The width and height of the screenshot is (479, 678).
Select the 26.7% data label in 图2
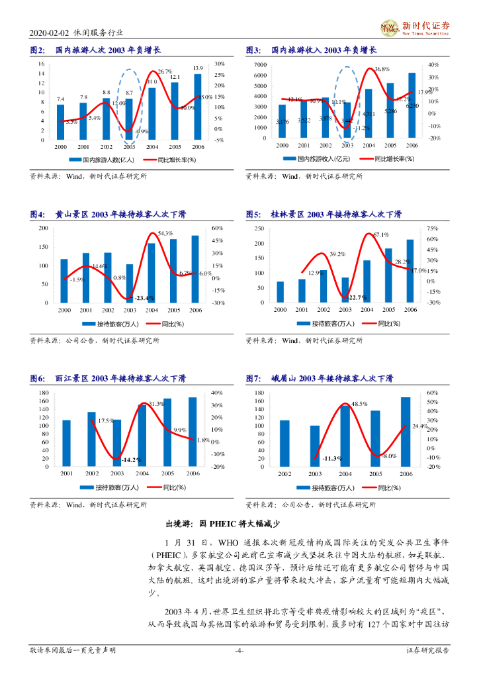pos(165,72)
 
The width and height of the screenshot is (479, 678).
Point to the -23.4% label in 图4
pos(144,298)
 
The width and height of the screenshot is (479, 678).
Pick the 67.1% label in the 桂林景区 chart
pos(380,235)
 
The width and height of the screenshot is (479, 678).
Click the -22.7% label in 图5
pos(357,297)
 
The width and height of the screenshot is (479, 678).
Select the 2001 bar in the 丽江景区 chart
pos(67,443)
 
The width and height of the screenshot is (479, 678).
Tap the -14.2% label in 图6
pos(133,460)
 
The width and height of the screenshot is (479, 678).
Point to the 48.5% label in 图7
pos(359,404)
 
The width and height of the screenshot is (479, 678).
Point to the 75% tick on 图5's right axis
pos(433,228)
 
